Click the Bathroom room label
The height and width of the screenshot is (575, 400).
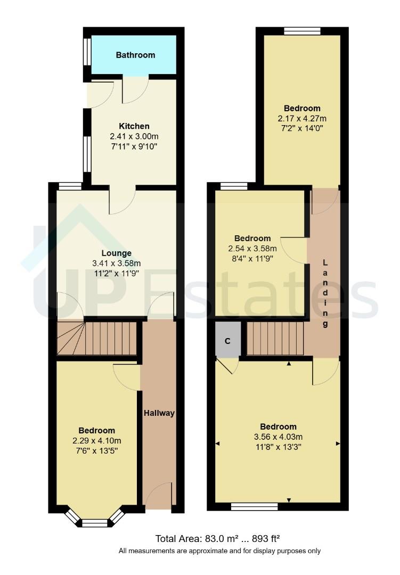[135, 55]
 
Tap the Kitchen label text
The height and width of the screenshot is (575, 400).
[134, 126]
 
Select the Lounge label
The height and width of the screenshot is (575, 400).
[117, 253]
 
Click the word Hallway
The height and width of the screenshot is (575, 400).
[159, 413]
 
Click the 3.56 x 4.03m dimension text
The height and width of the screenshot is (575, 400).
[278, 437]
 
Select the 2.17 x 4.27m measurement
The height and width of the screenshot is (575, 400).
[302, 118]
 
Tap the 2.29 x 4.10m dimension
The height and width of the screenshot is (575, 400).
[96, 441]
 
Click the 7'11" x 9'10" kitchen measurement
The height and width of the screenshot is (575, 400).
[134, 145]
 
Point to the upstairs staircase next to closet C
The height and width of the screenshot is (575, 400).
[275, 338]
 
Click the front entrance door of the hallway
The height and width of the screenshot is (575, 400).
[158, 498]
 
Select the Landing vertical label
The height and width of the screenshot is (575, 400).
[326, 293]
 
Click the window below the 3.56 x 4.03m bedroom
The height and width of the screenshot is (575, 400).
[255, 506]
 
